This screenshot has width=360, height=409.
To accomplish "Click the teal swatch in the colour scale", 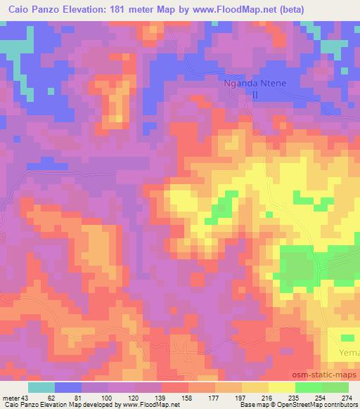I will pos(41,387).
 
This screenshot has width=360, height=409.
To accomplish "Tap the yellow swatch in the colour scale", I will pos(281,387).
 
